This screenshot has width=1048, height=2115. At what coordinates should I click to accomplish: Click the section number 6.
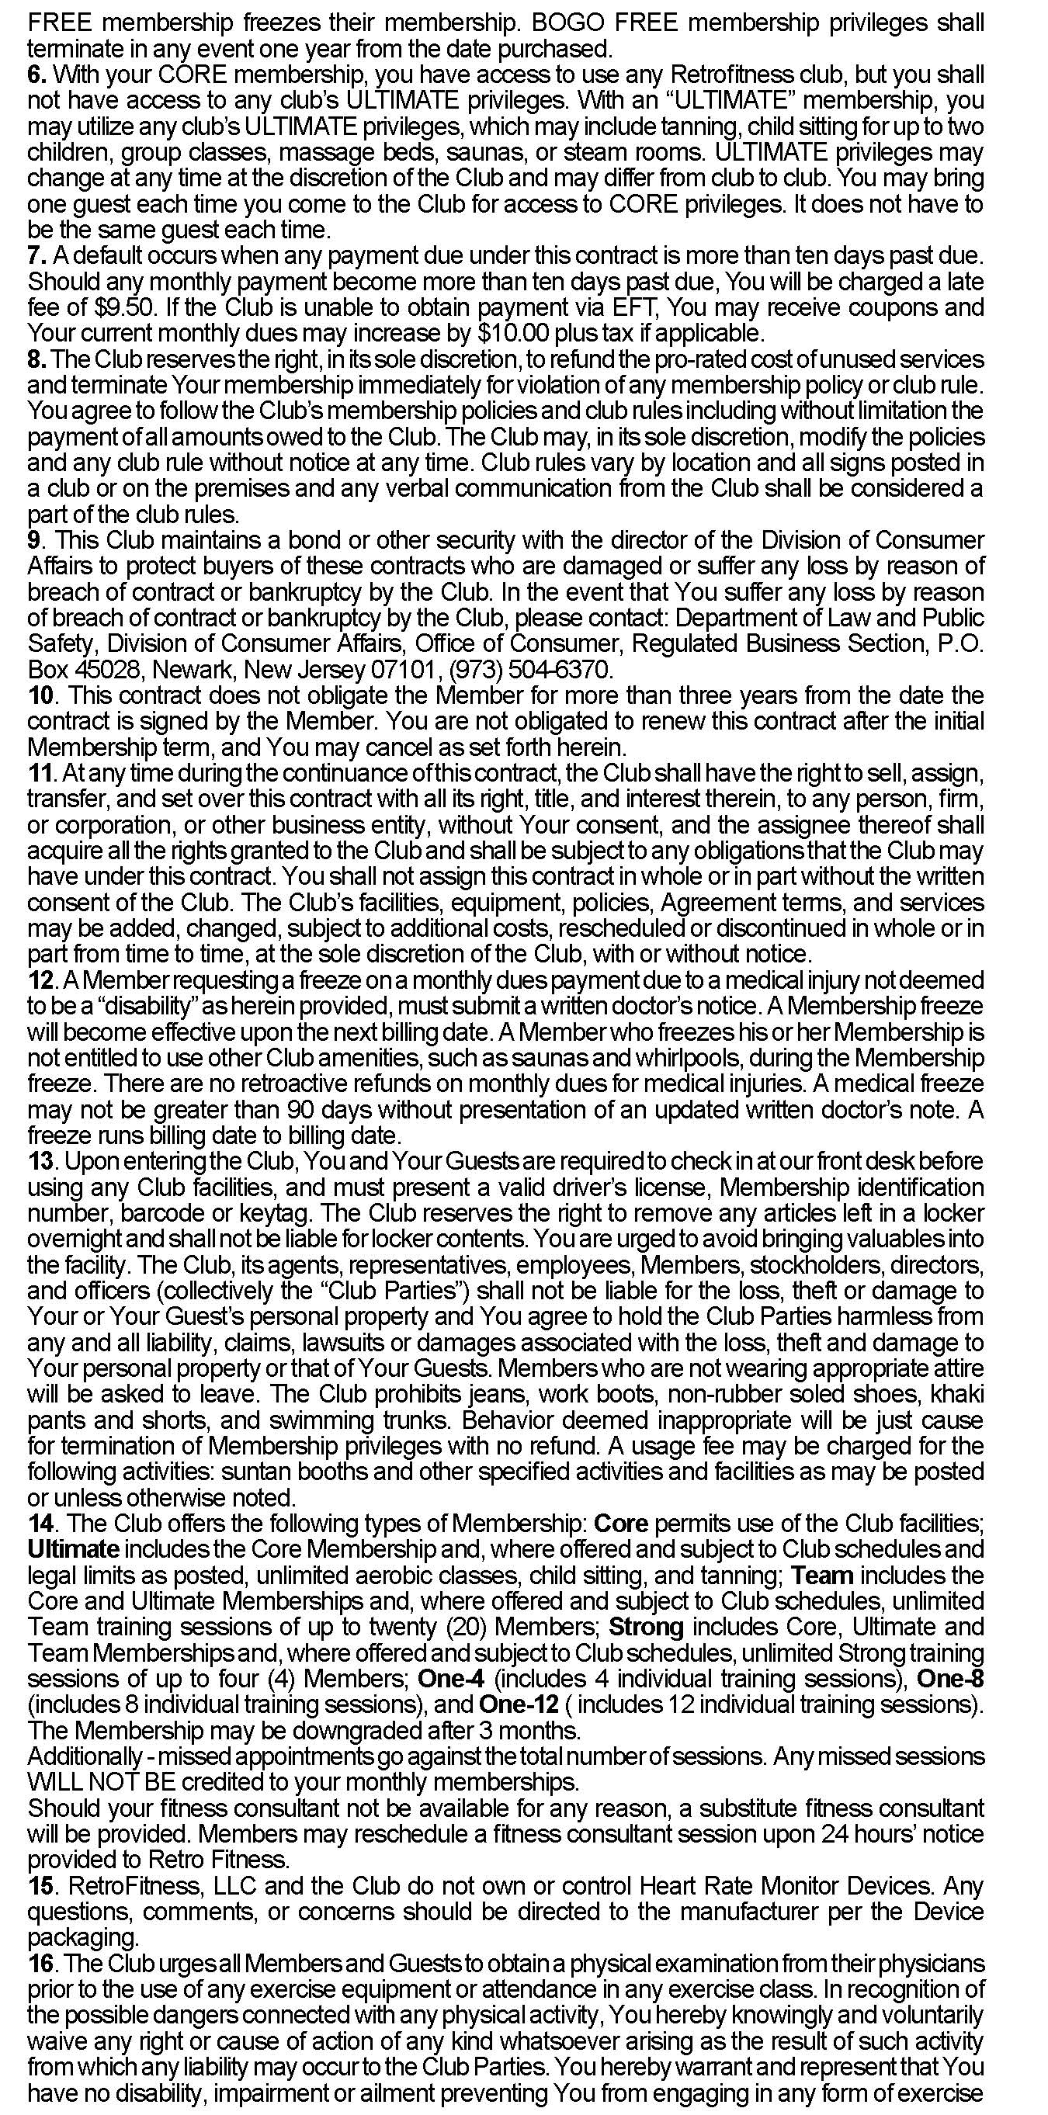coord(37,75)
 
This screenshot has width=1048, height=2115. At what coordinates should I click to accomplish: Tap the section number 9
coord(34,540)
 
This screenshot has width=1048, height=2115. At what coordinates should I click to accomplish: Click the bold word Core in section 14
coord(620,1524)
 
